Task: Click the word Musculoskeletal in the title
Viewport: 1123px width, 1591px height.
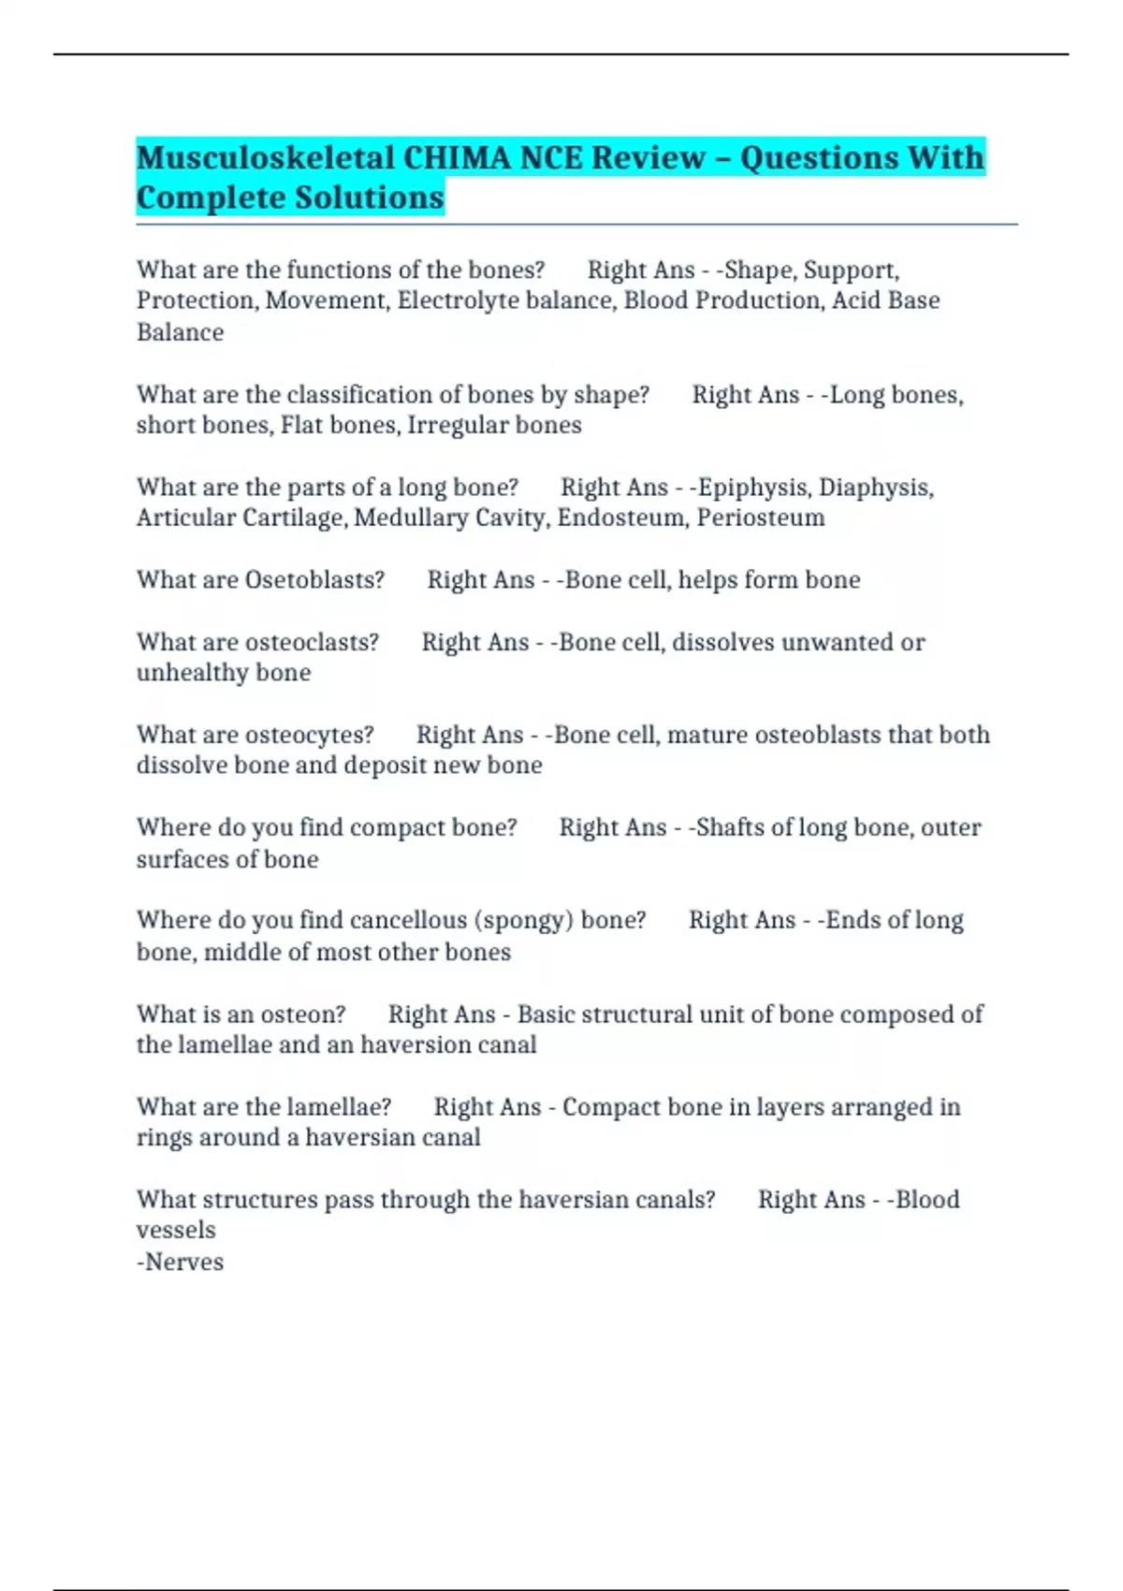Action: pos(266,158)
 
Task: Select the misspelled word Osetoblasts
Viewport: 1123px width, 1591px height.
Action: pos(314,580)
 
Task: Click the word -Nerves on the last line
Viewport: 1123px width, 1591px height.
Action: pos(180,1263)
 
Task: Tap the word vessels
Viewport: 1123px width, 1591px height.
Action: pos(176,1231)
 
